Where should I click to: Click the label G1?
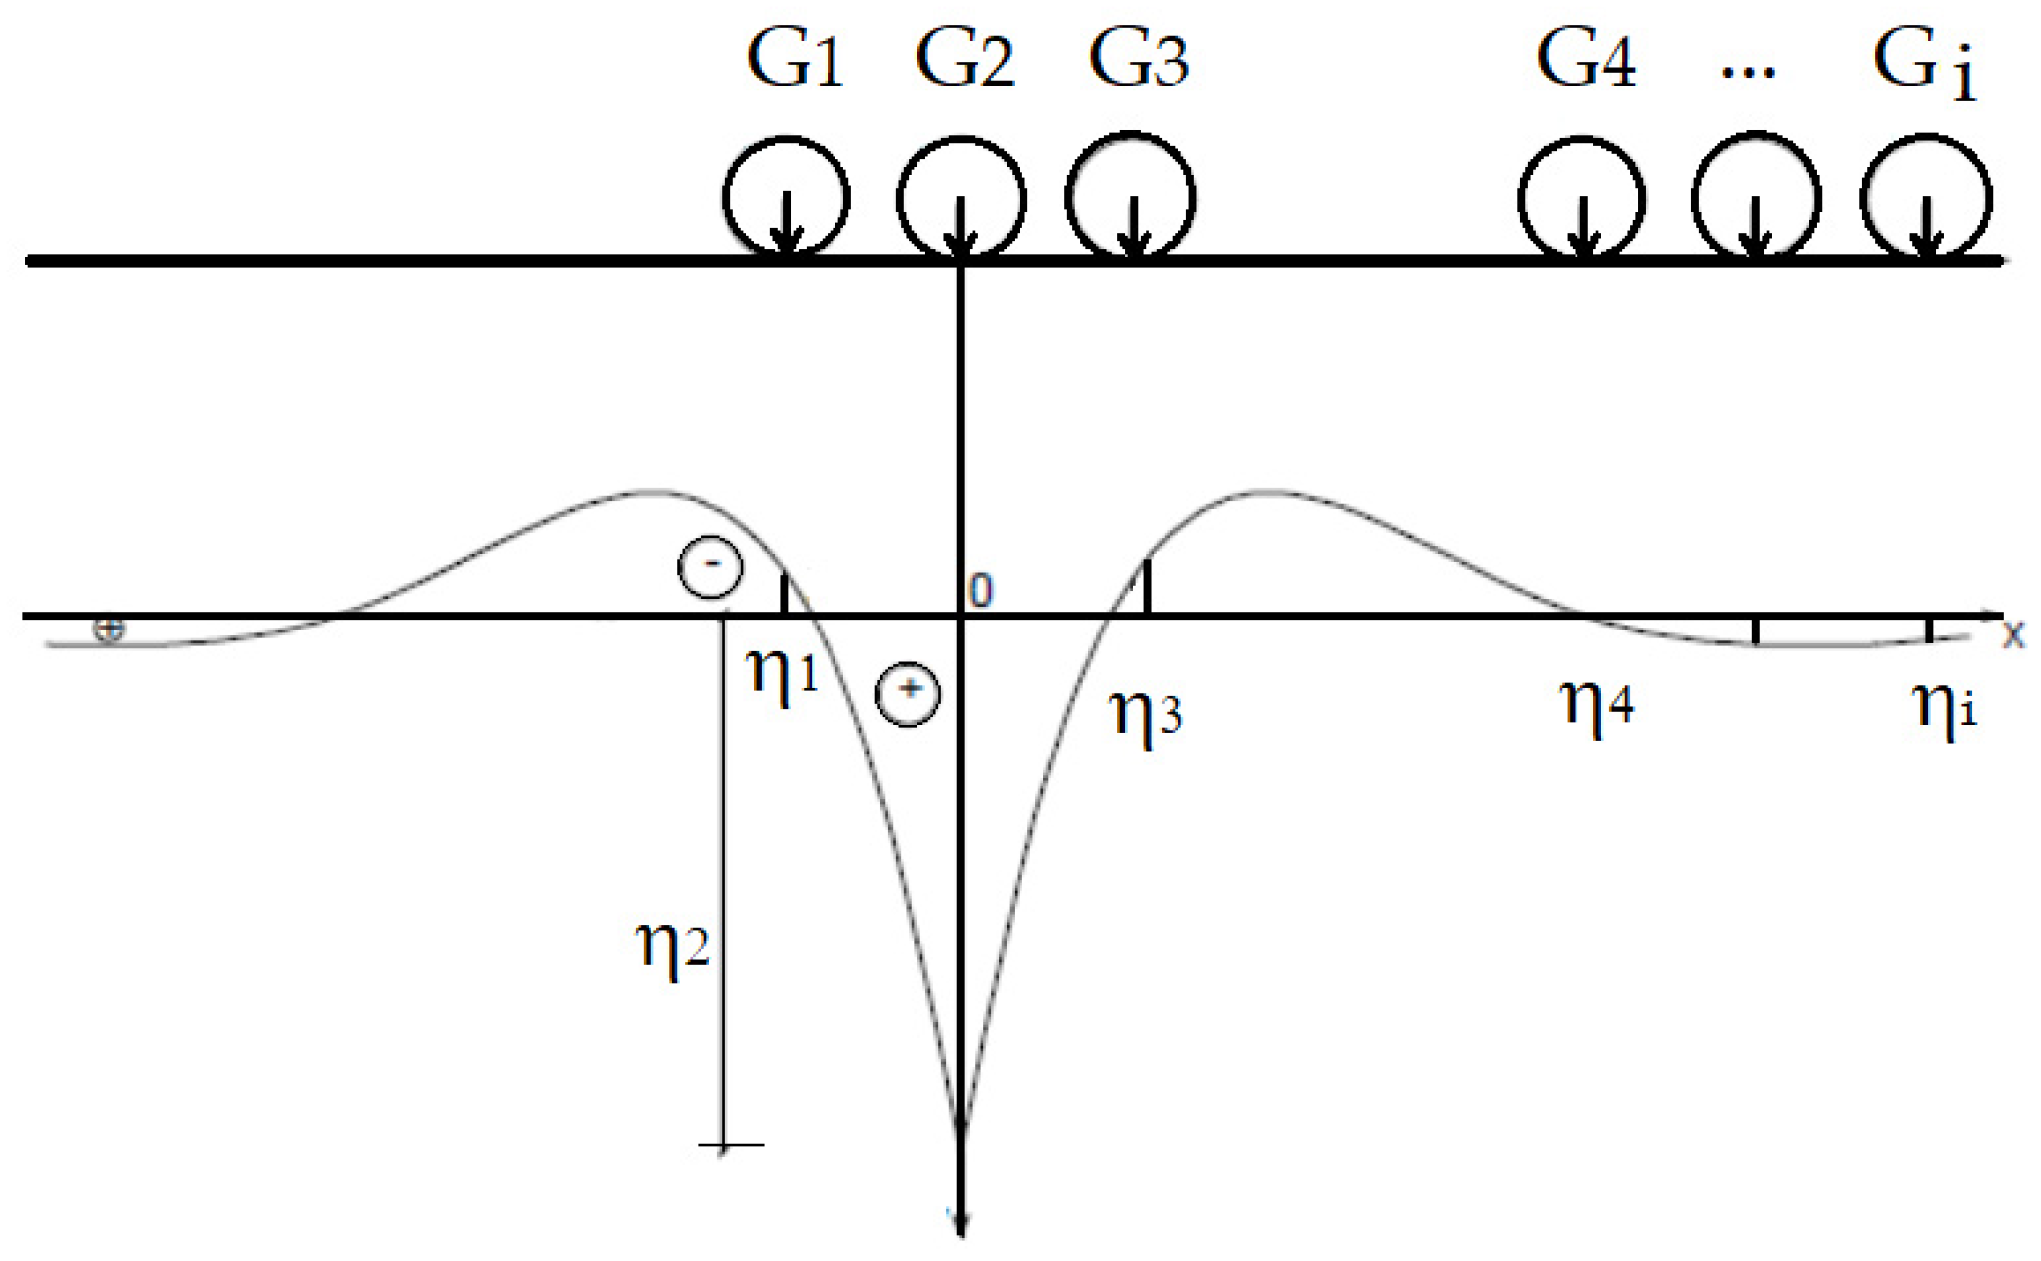(x=795, y=61)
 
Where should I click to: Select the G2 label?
(x=964, y=61)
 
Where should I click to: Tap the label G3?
(x=1138, y=61)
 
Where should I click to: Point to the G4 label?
(x=1585, y=61)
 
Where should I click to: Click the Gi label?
(x=1925, y=65)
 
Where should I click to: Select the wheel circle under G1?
(x=786, y=198)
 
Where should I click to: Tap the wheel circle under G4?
(x=1581, y=198)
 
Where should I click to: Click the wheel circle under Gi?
(x=1926, y=198)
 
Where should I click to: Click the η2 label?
(x=672, y=946)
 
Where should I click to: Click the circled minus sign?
(x=710, y=567)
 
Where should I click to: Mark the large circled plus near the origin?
(x=907, y=693)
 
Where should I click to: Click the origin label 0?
(x=981, y=592)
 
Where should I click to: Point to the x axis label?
(x=2013, y=633)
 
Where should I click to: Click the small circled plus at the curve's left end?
(x=109, y=630)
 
